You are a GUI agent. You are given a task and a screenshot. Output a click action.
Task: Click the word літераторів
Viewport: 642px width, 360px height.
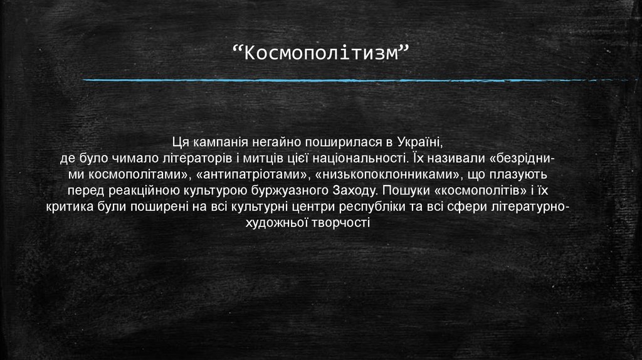point(197,157)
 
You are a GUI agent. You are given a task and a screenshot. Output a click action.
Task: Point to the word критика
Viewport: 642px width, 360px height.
point(68,206)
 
